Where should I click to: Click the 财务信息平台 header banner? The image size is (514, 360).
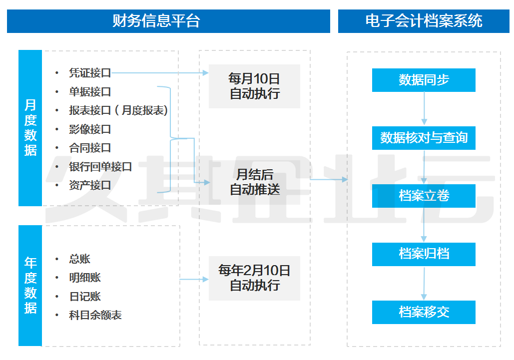[168, 21]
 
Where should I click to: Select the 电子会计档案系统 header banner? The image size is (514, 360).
[424, 21]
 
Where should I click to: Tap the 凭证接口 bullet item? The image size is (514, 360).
[90, 73]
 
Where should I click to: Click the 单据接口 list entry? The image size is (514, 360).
[90, 92]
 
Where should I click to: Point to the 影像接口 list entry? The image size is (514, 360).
[90, 129]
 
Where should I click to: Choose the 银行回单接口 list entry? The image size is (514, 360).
[100, 167]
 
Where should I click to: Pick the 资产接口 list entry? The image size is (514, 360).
[90, 185]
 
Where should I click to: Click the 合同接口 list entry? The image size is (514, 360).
[90, 148]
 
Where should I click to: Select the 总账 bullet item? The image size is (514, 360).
[80, 259]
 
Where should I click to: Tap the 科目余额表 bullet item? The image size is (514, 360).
[95, 315]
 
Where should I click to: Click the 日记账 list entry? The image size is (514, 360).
[85, 296]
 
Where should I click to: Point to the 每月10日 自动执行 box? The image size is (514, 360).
[254, 86]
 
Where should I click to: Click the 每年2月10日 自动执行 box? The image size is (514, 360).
[254, 278]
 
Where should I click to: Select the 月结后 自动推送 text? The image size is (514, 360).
[254, 182]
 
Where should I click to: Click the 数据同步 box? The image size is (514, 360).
[424, 80]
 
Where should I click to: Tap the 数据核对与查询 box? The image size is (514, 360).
[424, 138]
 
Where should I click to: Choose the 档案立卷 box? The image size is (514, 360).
[424, 196]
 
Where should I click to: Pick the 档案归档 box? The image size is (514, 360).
[424, 254]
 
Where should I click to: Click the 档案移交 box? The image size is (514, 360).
[424, 312]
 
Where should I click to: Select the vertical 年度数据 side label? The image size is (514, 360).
[30, 285]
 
